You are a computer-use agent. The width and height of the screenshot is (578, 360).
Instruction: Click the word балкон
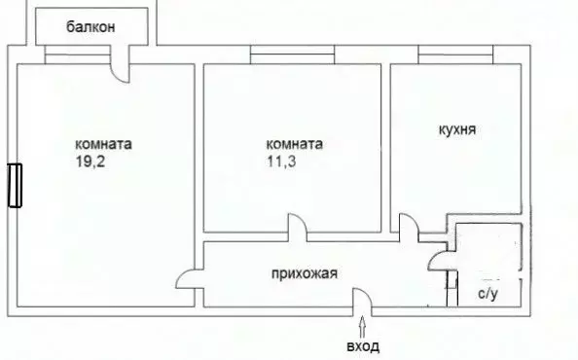click(91, 27)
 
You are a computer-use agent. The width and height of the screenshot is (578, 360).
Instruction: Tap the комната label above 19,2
click(105, 144)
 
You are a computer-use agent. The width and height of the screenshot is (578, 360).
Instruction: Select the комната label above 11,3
click(294, 144)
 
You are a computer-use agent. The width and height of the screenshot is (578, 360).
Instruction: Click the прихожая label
click(304, 273)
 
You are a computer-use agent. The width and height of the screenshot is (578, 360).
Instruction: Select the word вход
click(364, 346)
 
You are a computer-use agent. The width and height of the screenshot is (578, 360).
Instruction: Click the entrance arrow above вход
click(364, 323)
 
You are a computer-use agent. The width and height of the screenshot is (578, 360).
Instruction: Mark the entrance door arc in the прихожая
click(361, 301)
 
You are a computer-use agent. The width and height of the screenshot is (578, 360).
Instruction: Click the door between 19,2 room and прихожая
click(187, 282)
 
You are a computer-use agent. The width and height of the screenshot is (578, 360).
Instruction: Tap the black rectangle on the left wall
click(14, 185)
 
